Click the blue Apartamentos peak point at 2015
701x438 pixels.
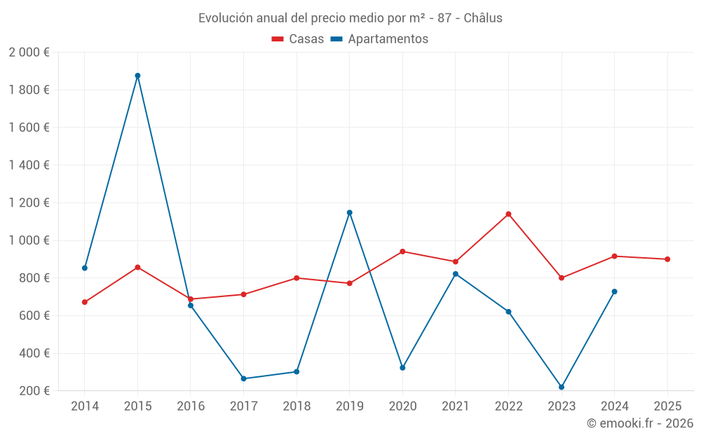(137, 76)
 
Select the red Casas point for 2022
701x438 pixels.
(508, 214)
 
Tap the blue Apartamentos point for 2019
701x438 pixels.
(349, 212)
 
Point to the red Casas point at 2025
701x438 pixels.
(667, 259)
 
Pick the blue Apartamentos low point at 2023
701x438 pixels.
(562, 387)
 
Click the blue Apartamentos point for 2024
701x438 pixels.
(614, 292)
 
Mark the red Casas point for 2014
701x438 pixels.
(85, 302)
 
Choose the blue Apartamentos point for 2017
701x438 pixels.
(243, 378)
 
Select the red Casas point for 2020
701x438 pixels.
(402, 252)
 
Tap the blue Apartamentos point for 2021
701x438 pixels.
(456, 274)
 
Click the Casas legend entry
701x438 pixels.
(298, 39)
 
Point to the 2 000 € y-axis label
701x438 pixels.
(29, 53)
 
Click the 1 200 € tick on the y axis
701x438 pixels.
(29, 203)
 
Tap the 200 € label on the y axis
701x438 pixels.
(34, 391)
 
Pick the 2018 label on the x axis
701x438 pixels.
(297, 406)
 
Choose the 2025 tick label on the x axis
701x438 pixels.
(667, 406)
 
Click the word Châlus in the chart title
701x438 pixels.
(483, 18)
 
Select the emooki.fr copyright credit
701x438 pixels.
(639, 423)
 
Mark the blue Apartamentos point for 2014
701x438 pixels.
(85, 268)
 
